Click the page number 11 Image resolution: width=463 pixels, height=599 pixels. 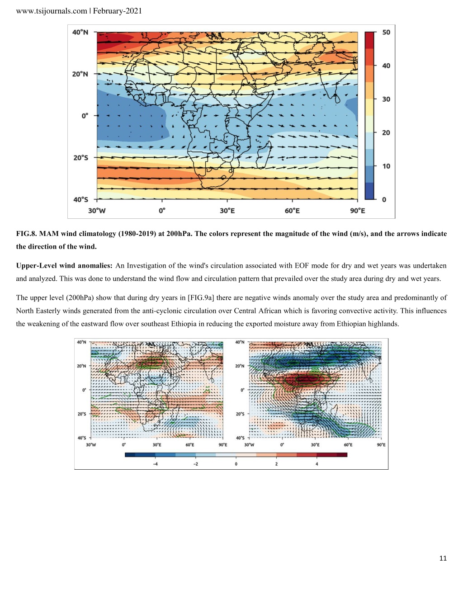[x=443, y=558]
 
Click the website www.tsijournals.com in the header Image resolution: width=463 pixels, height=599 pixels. [x=51, y=11]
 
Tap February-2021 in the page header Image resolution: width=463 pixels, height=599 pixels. [x=118, y=11]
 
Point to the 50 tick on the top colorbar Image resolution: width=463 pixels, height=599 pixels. [x=386, y=32]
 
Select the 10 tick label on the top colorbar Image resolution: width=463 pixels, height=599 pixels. [x=386, y=166]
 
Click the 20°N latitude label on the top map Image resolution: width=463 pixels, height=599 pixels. [x=80, y=74]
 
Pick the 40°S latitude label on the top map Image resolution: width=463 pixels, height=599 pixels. [x=81, y=199]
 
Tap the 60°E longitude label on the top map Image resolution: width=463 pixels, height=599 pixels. [x=292, y=211]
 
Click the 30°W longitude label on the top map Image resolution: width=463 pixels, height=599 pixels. [x=97, y=211]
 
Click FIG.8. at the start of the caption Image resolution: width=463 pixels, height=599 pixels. [x=27, y=234]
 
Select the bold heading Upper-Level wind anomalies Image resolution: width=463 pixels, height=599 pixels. [x=64, y=266]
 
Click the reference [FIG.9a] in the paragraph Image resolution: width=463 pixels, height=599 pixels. [x=201, y=298]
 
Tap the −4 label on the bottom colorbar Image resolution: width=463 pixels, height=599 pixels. [x=155, y=464]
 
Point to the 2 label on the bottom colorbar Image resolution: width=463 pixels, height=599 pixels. [x=276, y=464]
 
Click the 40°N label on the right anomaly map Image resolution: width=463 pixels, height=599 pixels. [x=240, y=342]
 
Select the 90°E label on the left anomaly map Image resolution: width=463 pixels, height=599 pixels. [x=222, y=445]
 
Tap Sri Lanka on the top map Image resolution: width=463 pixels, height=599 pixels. [x=337, y=99]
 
